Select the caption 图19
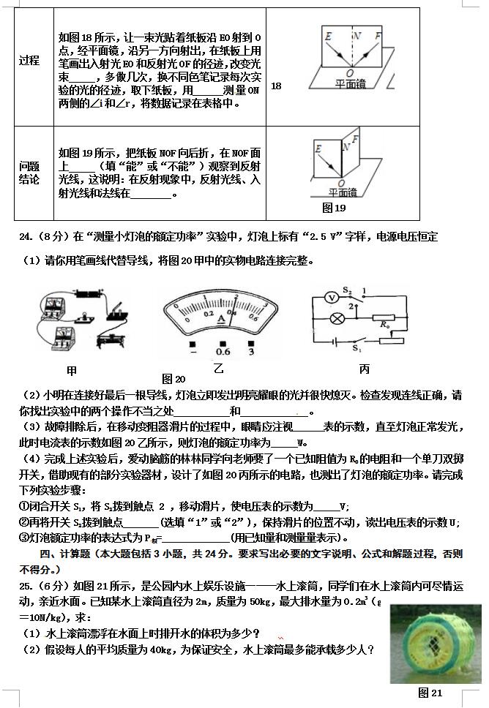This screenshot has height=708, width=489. click(x=333, y=208)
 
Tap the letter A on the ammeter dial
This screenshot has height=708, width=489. click(x=220, y=317)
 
